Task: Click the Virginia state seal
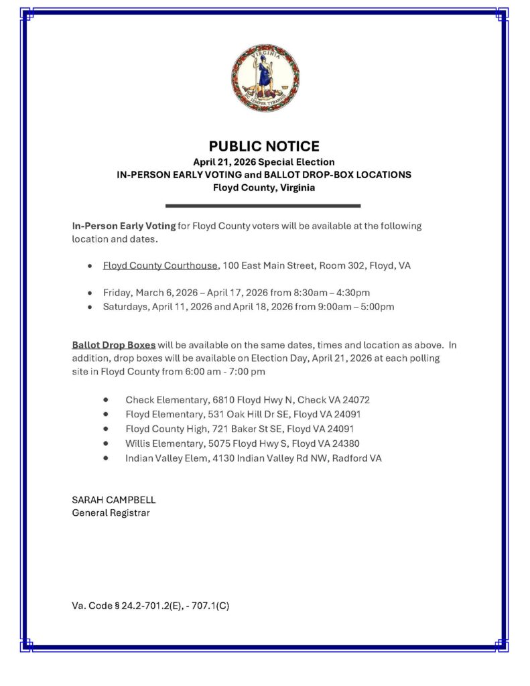point(265,78)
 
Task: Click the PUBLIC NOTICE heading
point(264,146)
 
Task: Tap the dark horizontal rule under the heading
point(263,206)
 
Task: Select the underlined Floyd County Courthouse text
point(160,265)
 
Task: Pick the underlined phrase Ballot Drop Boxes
point(114,345)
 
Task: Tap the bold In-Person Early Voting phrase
point(124,226)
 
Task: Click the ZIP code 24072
point(356,400)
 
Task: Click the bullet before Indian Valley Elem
point(106,458)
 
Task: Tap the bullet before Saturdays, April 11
point(90,307)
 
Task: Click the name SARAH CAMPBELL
point(113,500)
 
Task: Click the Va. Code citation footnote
point(151,606)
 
